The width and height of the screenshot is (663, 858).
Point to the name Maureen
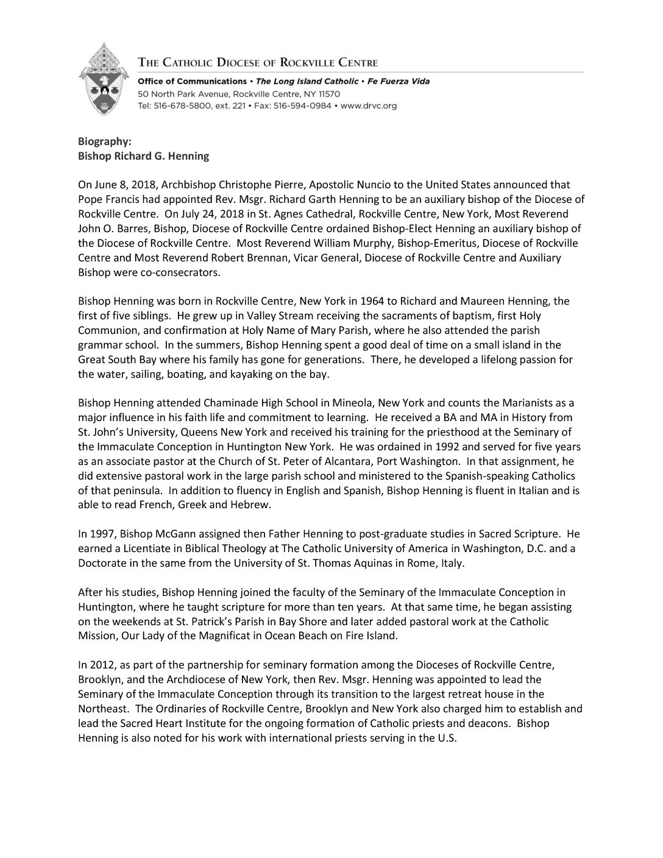(489, 301)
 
